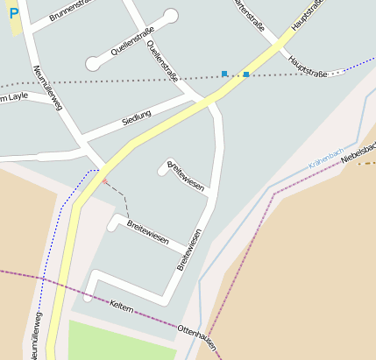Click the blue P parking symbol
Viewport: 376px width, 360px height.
click(x=12, y=14)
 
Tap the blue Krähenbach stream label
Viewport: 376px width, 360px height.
click(x=327, y=158)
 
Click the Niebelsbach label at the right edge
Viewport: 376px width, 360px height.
click(x=359, y=153)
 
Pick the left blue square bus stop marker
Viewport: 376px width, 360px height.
click(x=224, y=74)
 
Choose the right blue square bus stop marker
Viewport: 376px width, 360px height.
click(x=246, y=74)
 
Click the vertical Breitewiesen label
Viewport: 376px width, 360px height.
click(x=190, y=249)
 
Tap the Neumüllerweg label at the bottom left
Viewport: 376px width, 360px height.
click(x=36, y=333)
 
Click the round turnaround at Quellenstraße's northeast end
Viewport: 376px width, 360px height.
click(x=171, y=15)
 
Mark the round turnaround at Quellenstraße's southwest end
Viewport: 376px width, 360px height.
click(x=92, y=64)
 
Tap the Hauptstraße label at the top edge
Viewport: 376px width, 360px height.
click(x=307, y=15)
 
